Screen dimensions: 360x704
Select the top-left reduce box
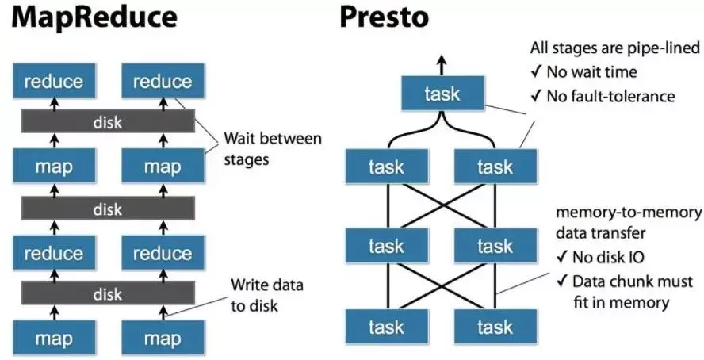coord(52,82)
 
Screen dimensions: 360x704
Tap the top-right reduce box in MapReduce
coord(163,82)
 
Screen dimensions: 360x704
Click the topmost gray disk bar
coord(107,121)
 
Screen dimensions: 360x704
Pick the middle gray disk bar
coord(107,209)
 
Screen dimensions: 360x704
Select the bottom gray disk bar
coord(107,295)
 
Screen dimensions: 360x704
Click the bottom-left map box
coord(52,339)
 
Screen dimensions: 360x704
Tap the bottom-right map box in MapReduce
coord(163,339)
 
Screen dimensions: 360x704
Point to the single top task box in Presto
coord(442,94)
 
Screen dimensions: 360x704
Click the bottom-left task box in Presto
coord(388,327)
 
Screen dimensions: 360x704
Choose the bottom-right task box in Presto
coord(495,327)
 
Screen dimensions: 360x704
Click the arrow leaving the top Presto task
coord(442,63)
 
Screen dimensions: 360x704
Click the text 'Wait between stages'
coord(273,148)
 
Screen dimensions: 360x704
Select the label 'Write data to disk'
coord(266,294)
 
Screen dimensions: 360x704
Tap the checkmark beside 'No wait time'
coord(536,72)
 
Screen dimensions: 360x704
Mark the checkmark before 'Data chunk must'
coord(561,281)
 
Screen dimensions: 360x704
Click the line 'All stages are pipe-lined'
coord(616,48)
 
